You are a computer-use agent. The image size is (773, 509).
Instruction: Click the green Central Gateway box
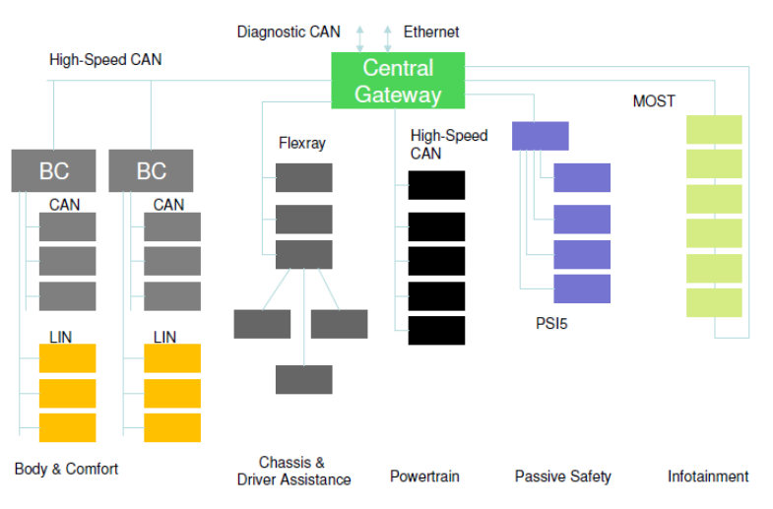coord(398,81)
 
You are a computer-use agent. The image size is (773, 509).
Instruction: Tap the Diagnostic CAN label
coord(289,32)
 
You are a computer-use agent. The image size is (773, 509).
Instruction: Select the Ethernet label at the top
coord(431,32)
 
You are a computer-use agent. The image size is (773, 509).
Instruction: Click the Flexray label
coord(301,144)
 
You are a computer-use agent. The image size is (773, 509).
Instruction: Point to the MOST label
coord(654,101)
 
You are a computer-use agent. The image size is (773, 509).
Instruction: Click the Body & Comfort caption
coord(66,469)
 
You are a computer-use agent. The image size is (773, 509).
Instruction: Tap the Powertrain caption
coord(424,477)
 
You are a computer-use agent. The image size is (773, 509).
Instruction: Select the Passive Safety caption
coord(562,477)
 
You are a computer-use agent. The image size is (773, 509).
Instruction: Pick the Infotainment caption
coord(708,477)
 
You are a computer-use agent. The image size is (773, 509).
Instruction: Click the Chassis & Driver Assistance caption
coord(293,472)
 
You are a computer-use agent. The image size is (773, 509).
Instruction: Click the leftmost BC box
coord(54,170)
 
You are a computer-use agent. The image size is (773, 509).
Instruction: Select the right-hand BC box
coord(151,170)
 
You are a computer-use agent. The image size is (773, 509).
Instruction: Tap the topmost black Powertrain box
coord(436,185)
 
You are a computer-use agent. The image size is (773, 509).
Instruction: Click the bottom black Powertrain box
coord(436,330)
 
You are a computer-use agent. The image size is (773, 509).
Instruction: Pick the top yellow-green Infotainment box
coord(714,130)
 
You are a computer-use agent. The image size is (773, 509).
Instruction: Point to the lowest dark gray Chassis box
coord(303,379)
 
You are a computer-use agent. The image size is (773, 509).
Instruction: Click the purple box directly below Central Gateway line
coord(540,136)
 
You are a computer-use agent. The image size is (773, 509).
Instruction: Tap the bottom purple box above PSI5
coord(582,288)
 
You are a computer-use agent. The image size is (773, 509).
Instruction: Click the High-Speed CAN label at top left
coord(105,60)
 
